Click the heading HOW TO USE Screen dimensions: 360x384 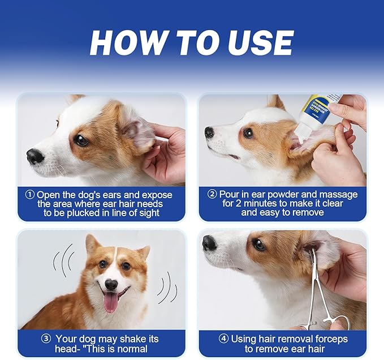[192, 43]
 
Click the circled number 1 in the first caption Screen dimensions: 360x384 [30, 194]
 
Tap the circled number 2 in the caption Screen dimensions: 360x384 [212, 194]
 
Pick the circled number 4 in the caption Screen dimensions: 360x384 [224, 339]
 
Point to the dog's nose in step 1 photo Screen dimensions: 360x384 [35, 156]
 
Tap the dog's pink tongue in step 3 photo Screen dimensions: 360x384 [111, 302]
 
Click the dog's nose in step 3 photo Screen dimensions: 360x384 [111, 284]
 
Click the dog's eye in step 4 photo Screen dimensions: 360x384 [259, 245]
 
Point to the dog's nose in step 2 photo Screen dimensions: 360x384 [210, 132]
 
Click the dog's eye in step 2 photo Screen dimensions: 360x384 [248, 133]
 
